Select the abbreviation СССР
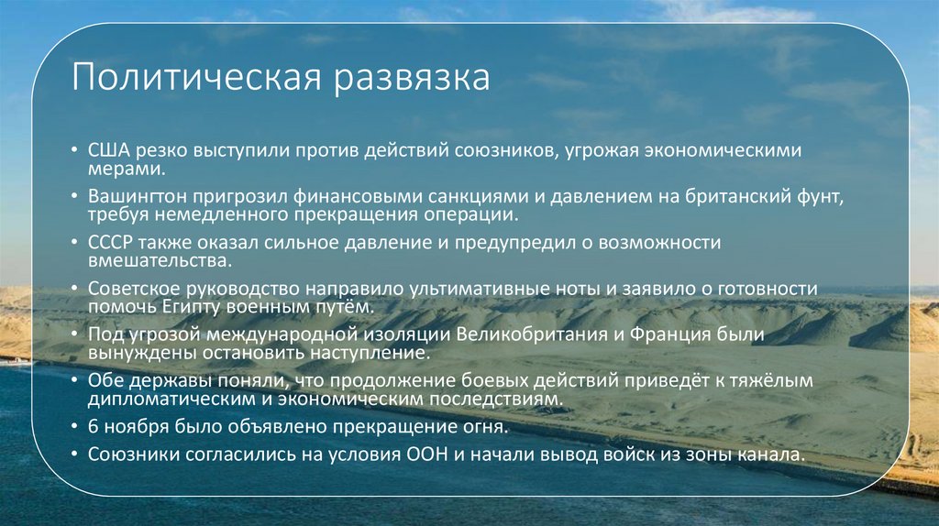[112, 243]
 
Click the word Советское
[136, 288]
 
